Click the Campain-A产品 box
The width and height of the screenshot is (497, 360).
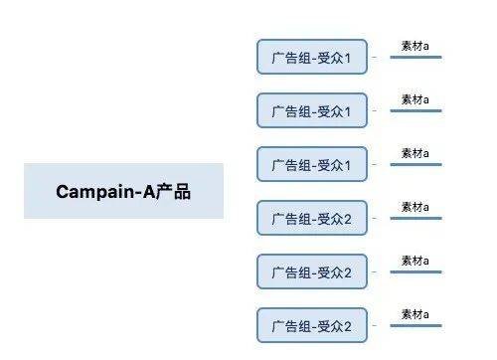123,191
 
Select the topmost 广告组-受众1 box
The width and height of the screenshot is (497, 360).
311,57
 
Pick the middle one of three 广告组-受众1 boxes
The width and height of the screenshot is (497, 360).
311,110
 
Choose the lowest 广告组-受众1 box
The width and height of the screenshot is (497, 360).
311,164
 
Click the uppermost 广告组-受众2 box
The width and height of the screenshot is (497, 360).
311,218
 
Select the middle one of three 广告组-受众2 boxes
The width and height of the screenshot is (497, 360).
311,271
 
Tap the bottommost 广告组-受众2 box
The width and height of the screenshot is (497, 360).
311,325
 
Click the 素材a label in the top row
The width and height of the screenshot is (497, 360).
414,46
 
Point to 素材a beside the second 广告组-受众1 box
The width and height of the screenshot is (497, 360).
414,99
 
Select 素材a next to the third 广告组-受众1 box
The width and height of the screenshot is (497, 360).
414,153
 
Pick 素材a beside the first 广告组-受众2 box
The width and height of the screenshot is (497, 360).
414,207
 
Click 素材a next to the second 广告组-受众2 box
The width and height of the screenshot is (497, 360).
414,261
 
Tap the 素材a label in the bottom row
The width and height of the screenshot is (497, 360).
414,314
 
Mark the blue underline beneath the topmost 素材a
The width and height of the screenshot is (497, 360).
415,58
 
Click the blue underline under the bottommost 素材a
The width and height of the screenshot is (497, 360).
415,326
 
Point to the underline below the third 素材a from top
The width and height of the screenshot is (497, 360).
415,165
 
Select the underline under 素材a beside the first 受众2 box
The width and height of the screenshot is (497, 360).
415,219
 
